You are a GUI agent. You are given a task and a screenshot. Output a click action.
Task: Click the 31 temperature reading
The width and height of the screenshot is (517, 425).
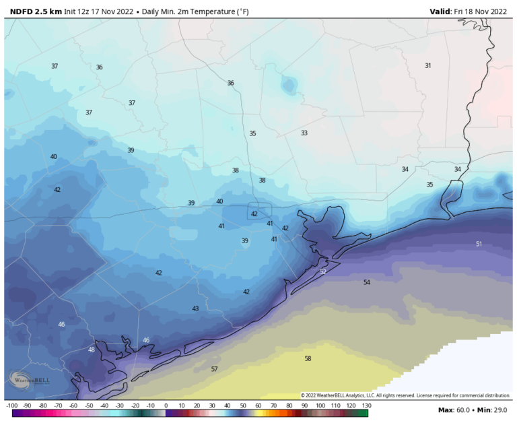pyautogui.click(x=427, y=65)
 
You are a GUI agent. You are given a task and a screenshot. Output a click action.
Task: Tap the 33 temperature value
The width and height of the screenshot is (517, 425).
pyautogui.click(x=304, y=133)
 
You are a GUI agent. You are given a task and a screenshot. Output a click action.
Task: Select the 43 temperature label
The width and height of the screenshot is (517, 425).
pyautogui.click(x=195, y=308)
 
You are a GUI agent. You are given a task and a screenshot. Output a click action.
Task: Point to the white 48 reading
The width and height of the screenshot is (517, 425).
pyautogui.click(x=92, y=350)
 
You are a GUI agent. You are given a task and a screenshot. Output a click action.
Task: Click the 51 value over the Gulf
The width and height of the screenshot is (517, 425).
pyautogui.click(x=479, y=244)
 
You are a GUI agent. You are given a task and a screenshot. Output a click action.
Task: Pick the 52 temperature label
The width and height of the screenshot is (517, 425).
pyautogui.click(x=323, y=271)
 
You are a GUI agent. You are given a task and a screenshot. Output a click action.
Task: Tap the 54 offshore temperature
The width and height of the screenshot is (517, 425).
pyautogui.click(x=367, y=282)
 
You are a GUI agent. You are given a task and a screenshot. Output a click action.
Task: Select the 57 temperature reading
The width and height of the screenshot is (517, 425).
pyautogui.click(x=214, y=369)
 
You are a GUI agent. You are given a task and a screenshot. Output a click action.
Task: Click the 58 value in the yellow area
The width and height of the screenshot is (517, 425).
pyautogui.click(x=308, y=359)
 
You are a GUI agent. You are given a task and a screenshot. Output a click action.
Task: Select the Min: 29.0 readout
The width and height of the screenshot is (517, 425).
pyautogui.click(x=493, y=410)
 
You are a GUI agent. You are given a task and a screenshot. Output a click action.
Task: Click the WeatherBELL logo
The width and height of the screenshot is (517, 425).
pyautogui.click(x=24, y=380)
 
